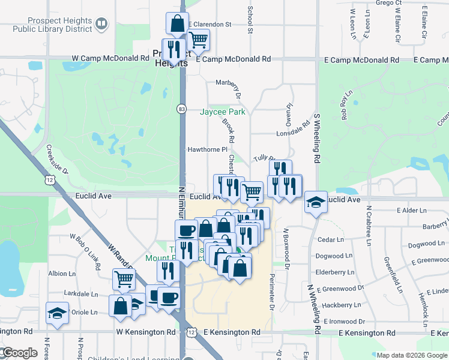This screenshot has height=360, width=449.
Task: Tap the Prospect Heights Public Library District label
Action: (x=47, y=23)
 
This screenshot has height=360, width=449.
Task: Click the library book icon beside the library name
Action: (x=102, y=23)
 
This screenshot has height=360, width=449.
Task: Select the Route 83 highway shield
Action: (x=181, y=109)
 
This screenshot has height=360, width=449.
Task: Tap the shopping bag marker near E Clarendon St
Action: (x=177, y=25)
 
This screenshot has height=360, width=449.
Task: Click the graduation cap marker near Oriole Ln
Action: (x=58, y=313)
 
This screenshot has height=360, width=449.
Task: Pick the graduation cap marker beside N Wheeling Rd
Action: (x=315, y=202)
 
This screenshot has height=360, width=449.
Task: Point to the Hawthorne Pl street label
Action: (x=208, y=149)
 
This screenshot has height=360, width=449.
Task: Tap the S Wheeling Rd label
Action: (x=315, y=139)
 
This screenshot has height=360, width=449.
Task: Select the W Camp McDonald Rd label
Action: (x=110, y=59)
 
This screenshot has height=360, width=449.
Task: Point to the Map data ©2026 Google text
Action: (x=411, y=355)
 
